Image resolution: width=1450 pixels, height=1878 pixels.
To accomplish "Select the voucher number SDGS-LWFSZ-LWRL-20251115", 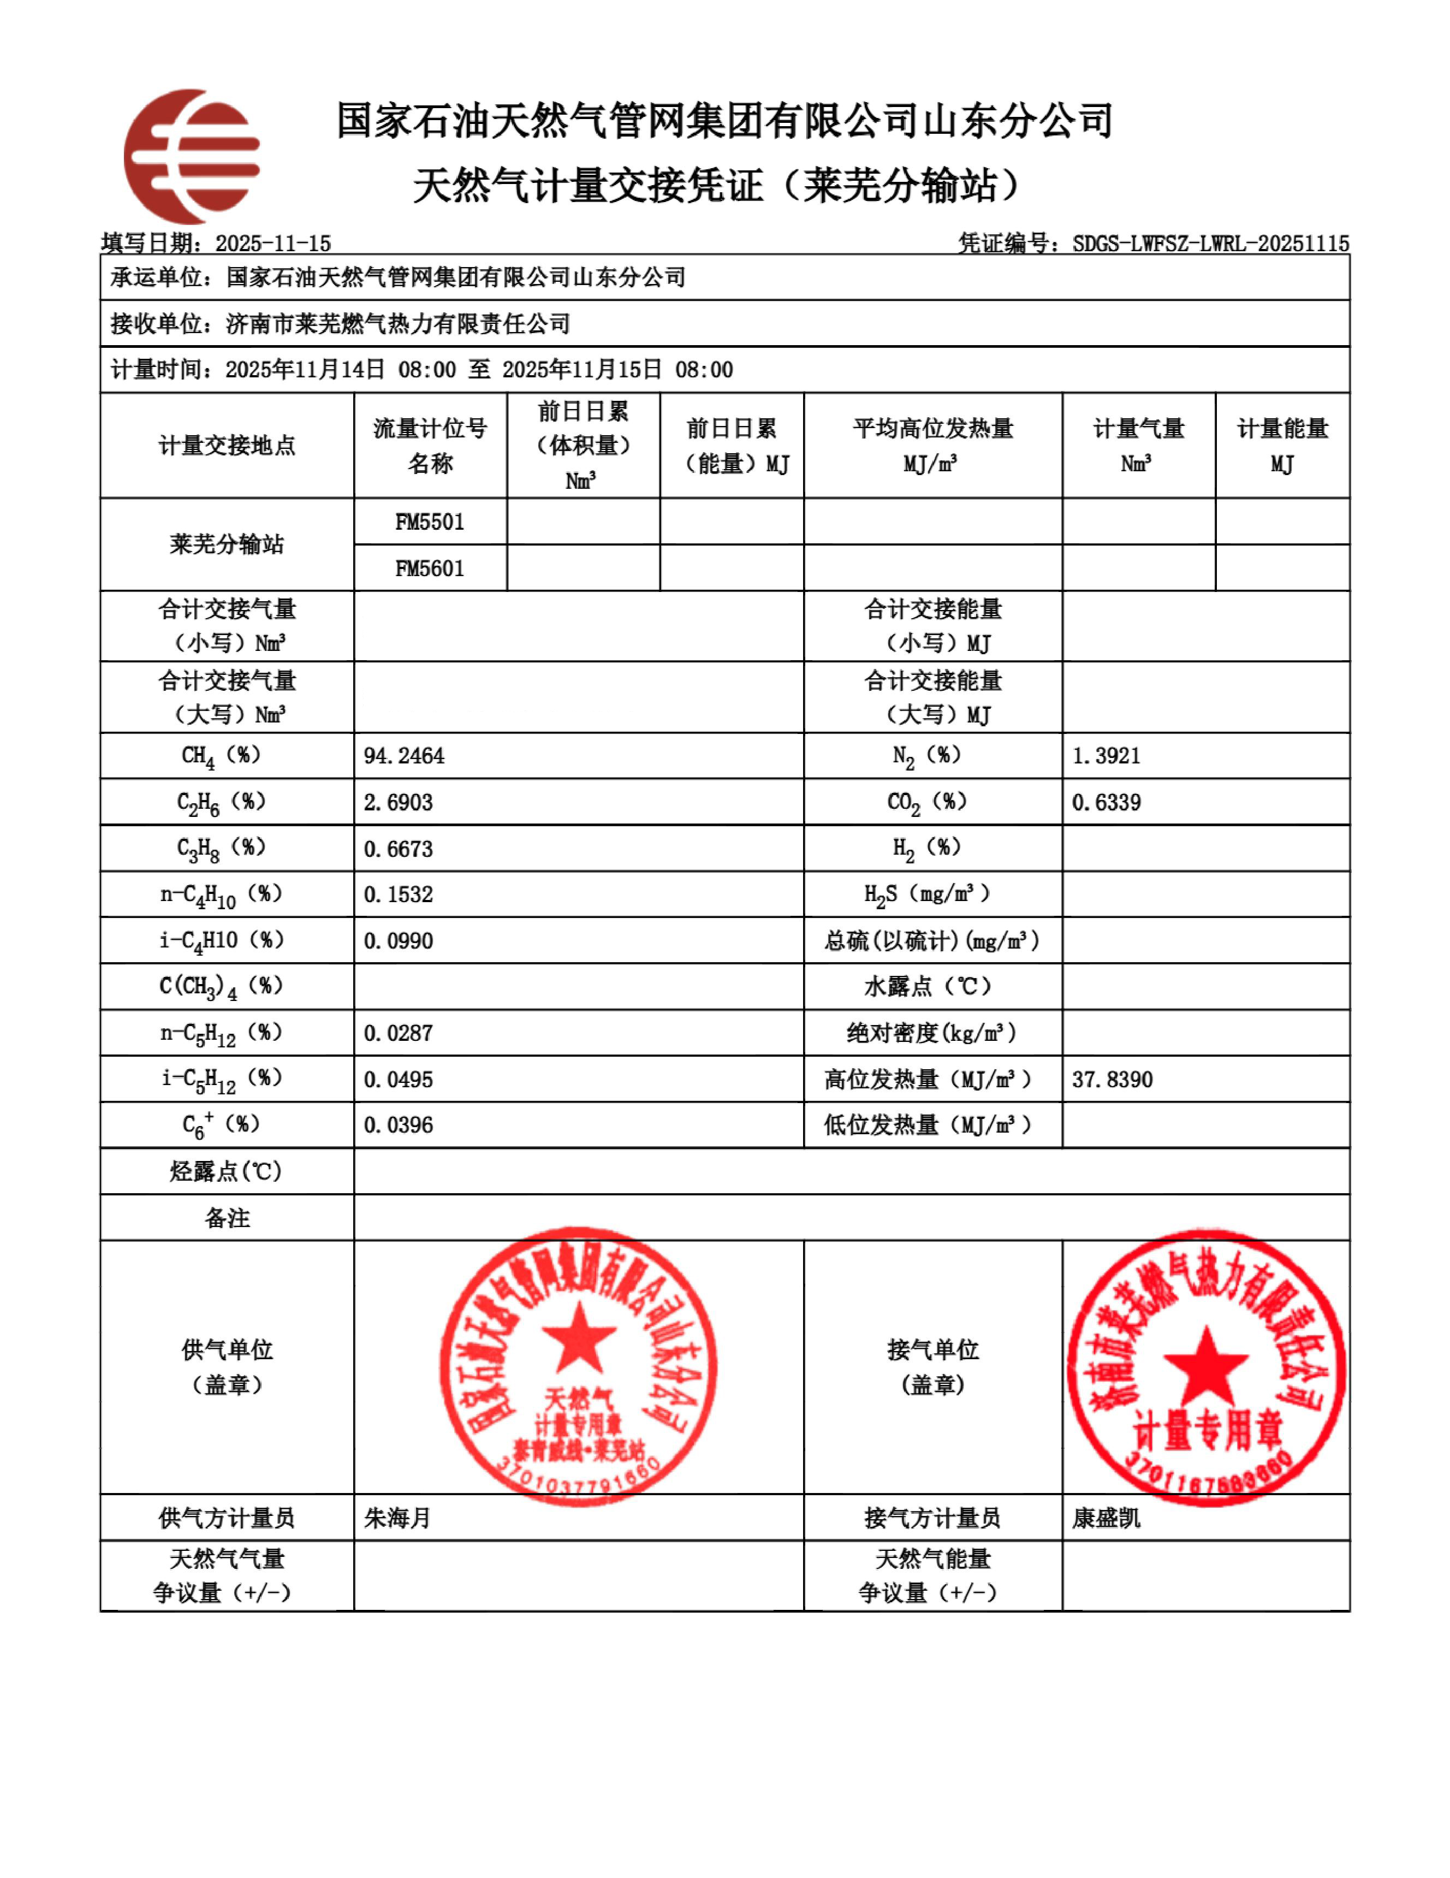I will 1210,244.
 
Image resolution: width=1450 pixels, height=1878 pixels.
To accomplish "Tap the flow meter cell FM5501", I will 430,522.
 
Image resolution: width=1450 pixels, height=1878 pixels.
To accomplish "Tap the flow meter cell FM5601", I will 430,568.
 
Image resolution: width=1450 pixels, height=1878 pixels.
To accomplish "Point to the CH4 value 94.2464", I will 404,756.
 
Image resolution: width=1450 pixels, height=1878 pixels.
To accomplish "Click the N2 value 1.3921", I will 1106,756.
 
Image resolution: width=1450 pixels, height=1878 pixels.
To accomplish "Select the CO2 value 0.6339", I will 1106,802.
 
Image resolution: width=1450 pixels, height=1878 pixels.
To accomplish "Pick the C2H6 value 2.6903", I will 398,802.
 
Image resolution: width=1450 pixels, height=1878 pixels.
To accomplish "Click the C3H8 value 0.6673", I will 398,849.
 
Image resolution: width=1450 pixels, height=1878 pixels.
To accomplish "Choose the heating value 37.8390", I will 1112,1079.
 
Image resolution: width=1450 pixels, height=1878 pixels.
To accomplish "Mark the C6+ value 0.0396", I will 398,1125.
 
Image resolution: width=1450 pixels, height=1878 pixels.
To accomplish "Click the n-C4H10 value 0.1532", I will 398,894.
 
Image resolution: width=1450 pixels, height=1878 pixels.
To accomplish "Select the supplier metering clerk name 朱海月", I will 396,1518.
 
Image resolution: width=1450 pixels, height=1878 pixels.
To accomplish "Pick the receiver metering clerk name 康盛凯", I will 1106,1518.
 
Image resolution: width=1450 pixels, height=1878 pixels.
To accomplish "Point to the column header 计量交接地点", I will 227,446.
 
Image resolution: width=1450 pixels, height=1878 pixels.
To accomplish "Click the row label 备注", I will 227,1218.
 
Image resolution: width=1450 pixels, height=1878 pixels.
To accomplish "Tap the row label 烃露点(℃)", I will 227,1171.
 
